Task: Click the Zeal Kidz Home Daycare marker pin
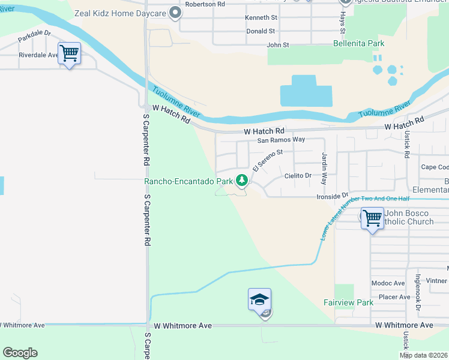pyautogui.click(x=175, y=13)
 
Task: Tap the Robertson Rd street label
pyautogui.click(x=204, y=4)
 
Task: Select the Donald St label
pyautogui.click(x=260, y=31)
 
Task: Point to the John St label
pyautogui.click(x=277, y=44)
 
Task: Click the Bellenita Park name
pyautogui.click(x=359, y=43)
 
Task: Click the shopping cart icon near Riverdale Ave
pyautogui.click(x=69, y=53)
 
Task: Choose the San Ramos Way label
pyautogui.click(x=281, y=140)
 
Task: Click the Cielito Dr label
pyautogui.click(x=298, y=176)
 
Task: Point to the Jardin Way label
pyautogui.click(x=324, y=168)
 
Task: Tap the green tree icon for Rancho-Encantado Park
pyautogui.click(x=242, y=179)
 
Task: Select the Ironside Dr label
pyautogui.click(x=333, y=196)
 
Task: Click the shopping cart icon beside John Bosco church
pyautogui.click(x=372, y=217)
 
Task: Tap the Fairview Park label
pyautogui.click(x=348, y=302)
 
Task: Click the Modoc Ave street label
pyautogui.click(x=388, y=283)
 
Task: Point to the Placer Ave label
pyautogui.click(x=394, y=297)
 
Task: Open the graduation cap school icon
pyautogui.click(x=259, y=299)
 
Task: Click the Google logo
pyautogui.click(x=20, y=352)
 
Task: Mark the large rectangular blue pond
pyautogui.click(x=306, y=91)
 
